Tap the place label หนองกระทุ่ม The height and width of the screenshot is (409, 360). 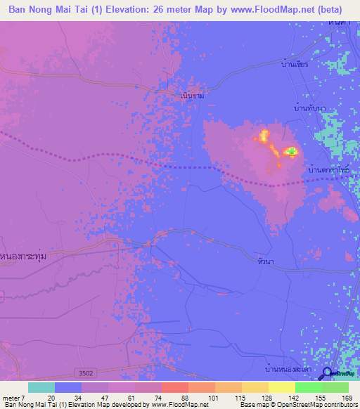[25, 257]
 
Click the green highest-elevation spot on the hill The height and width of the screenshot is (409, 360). [290, 151]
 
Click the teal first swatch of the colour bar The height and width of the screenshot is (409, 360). [41, 387]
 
